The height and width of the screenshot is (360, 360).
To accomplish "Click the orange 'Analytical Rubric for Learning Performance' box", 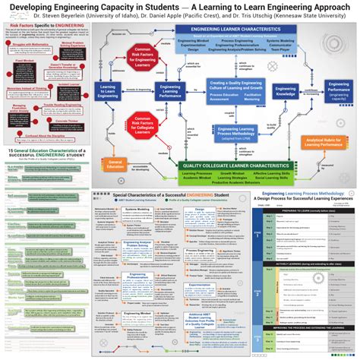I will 327,141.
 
